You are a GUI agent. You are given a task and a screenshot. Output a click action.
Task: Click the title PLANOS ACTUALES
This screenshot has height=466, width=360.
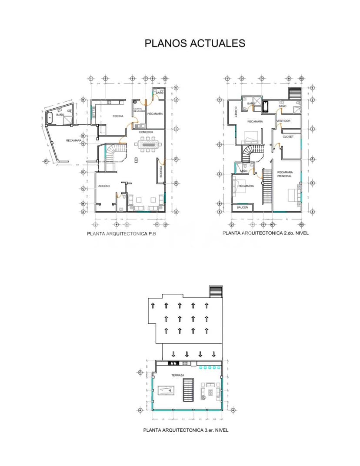tap(194, 43)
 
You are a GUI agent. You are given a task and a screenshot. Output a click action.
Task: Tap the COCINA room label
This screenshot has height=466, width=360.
tap(118, 116)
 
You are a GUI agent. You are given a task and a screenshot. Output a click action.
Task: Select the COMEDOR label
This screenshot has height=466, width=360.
tap(146, 132)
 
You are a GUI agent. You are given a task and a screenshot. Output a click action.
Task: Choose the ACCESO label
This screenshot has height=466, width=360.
tap(104, 186)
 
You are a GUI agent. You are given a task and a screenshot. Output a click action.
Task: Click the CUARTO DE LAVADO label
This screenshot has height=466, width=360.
tap(139, 110)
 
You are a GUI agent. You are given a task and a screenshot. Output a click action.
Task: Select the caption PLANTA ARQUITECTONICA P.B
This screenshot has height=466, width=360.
tap(121, 233)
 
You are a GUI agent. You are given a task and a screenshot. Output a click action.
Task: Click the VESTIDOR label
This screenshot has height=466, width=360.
tap(283, 121)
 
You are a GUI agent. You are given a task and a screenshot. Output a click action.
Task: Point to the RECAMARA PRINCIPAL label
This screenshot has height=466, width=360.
tap(285, 174)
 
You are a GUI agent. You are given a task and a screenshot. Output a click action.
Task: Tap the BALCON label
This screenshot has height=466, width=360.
tap(242, 208)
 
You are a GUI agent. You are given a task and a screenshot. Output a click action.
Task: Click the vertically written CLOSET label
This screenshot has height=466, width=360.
tap(235, 112)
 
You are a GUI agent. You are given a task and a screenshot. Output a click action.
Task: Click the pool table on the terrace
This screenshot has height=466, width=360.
tap(166, 391)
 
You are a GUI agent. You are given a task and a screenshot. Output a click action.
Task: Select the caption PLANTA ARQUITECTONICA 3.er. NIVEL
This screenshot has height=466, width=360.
tap(186, 430)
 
